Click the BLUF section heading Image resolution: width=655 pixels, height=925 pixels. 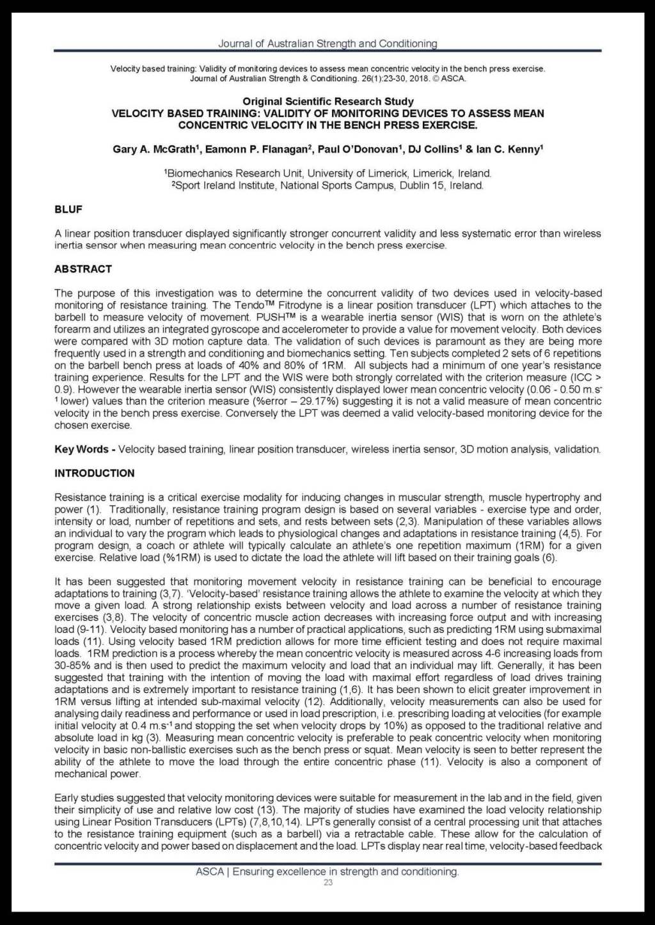coord(68,210)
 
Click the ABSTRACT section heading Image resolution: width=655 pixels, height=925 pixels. coord(83,269)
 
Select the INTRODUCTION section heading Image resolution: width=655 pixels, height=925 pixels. coord(95,474)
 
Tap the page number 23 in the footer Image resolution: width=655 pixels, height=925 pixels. coord(328,883)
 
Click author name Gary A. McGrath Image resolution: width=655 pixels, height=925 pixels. coord(154,150)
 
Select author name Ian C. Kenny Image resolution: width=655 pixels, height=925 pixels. coord(509,150)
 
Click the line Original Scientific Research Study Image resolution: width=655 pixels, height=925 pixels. coord(327,102)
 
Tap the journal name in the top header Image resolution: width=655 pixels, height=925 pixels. coord(327,43)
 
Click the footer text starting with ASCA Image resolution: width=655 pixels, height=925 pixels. coord(327,872)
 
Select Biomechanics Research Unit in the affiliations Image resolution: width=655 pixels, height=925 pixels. coord(223,174)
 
